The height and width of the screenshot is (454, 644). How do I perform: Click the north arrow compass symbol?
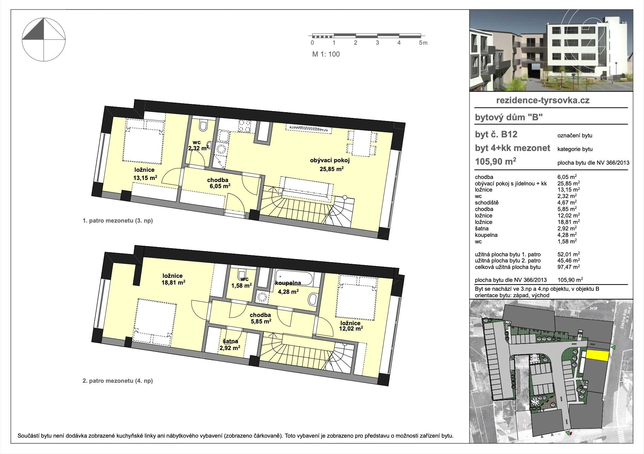44,40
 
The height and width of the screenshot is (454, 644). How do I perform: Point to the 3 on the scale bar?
377,43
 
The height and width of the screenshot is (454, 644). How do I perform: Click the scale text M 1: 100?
326,54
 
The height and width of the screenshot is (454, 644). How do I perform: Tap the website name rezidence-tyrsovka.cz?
543,101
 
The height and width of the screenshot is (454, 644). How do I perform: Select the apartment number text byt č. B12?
496,135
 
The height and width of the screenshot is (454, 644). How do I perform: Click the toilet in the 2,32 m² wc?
203,126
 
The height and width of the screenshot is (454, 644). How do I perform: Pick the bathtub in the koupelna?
294,277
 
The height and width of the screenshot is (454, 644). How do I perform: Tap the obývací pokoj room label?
330,161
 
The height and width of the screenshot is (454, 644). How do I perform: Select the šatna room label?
230,341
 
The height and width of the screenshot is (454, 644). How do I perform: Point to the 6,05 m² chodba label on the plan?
220,186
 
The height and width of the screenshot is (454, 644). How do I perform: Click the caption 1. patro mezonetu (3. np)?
118,221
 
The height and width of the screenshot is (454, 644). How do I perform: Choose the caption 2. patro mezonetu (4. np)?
118,381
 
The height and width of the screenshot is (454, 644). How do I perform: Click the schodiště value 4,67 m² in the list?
567,202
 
